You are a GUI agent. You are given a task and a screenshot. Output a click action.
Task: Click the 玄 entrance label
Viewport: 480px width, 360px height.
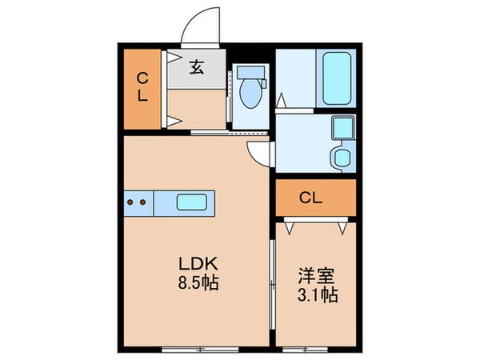(x=196, y=68)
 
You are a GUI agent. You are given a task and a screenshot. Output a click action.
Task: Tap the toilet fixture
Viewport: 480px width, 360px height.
(x=250, y=90)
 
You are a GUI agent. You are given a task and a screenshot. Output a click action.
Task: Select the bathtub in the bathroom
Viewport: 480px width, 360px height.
(x=337, y=76)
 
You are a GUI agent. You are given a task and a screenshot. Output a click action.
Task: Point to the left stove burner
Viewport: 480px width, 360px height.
(x=131, y=202)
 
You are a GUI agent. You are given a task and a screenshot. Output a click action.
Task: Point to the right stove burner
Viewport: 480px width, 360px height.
(x=142, y=202)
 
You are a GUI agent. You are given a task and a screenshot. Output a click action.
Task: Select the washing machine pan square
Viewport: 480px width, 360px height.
(x=342, y=128)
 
